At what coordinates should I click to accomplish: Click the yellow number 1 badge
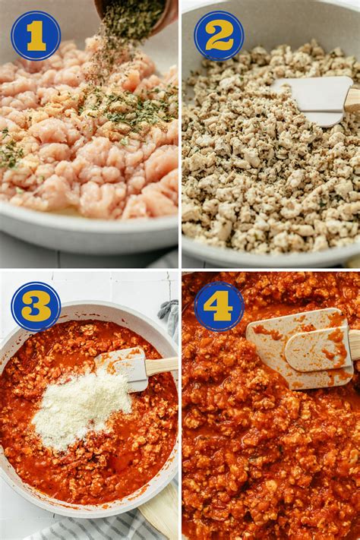coord(36,36)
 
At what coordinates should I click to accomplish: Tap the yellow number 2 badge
coord(219,36)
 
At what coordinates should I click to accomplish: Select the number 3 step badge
coord(36,306)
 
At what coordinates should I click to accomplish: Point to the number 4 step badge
coord(219,306)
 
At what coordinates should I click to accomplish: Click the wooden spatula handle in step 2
coord(352,99)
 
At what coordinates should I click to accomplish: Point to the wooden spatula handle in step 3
coord(162,365)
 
